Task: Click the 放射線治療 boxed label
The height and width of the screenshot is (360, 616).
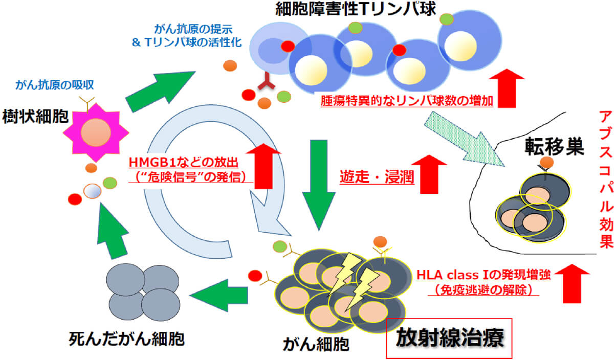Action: click(x=449, y=337)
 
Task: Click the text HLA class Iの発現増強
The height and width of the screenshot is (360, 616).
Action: click(x=483, y=275)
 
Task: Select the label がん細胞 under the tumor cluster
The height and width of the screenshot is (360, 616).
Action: click(x=316, y=344)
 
